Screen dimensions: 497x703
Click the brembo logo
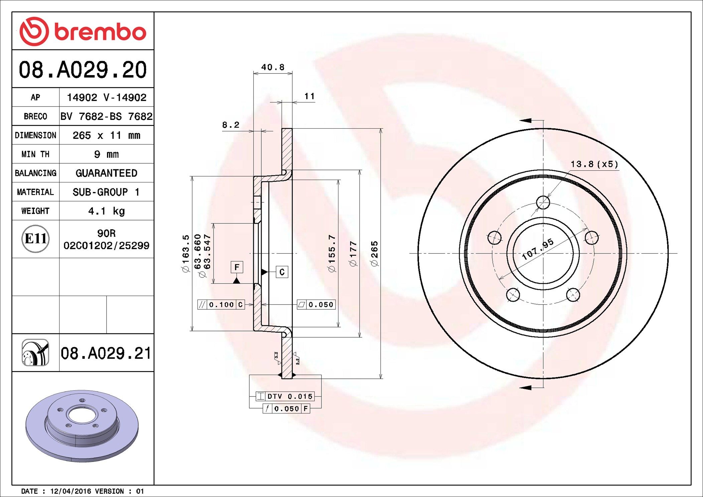83,31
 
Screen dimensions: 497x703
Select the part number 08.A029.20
83,70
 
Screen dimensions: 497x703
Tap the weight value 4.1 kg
106,211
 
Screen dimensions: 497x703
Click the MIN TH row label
35,154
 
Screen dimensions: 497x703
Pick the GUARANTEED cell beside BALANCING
106,173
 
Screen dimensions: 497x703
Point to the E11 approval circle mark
35,239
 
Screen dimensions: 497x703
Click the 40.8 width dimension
273,67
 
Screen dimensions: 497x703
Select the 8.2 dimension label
231,125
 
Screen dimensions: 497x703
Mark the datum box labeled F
237,267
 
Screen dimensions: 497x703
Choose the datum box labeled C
282,272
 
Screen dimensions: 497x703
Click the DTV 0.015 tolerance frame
285,396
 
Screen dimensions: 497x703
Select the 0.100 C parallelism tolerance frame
221,305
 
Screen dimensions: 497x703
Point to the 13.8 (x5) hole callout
594,164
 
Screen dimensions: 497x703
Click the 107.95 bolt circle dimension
538,249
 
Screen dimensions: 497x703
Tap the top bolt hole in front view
543,202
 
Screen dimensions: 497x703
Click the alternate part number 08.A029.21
106,353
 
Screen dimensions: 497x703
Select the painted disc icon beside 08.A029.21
35,353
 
